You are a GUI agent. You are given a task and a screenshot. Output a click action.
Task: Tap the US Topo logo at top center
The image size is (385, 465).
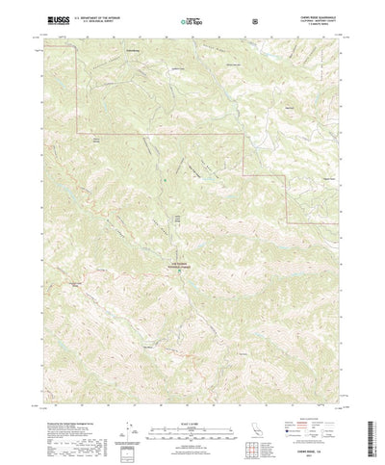click(x=192, y=19)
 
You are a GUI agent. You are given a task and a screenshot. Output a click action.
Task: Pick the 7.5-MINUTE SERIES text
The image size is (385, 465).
click(x=319, y=22)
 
